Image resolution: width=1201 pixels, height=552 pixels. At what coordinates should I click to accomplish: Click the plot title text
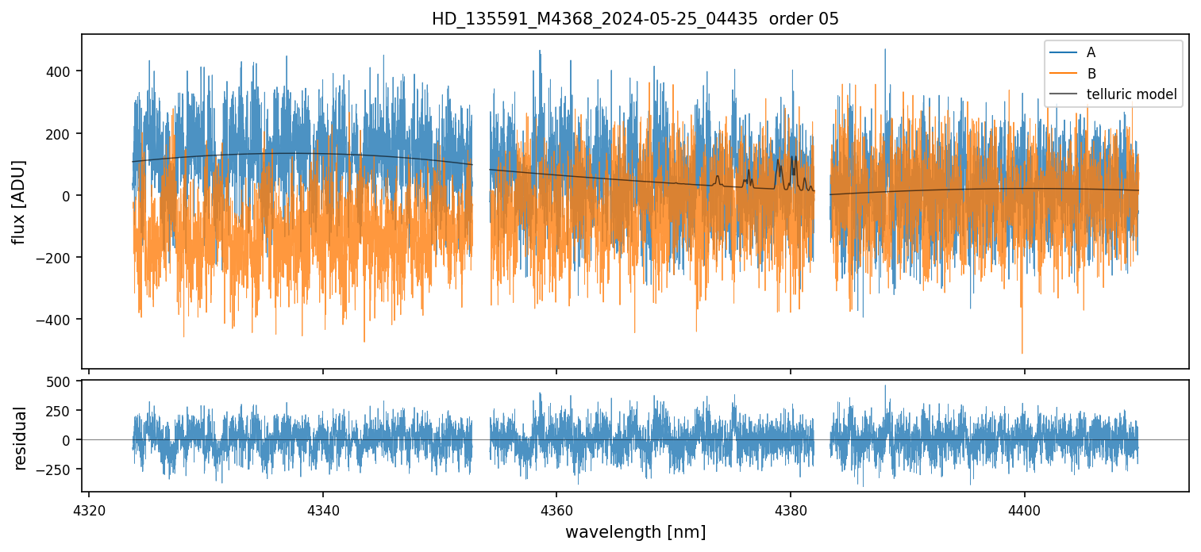[x=635, y=19]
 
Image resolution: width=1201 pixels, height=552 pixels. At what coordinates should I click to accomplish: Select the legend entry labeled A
[x=1091, y=52]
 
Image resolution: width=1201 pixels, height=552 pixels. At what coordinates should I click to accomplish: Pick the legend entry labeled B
[x=1091, y=74]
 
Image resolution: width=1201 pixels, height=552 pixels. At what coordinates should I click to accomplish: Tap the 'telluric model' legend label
[x=1131, y=95]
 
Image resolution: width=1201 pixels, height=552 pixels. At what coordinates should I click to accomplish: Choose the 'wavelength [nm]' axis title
[x=635, y=531]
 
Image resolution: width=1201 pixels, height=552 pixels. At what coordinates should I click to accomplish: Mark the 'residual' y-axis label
[x=20, y=438]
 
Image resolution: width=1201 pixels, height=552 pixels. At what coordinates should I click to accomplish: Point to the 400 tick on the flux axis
[x=60, y=71]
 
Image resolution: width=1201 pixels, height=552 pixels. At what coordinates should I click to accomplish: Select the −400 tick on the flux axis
[x=57, y=320]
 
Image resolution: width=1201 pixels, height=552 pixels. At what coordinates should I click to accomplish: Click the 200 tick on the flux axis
[x=60, y=133]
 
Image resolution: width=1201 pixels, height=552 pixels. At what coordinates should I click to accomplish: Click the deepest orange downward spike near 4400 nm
[x=1022, y=351]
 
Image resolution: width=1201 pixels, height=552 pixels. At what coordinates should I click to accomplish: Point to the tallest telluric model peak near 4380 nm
[x=779, y=159]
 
